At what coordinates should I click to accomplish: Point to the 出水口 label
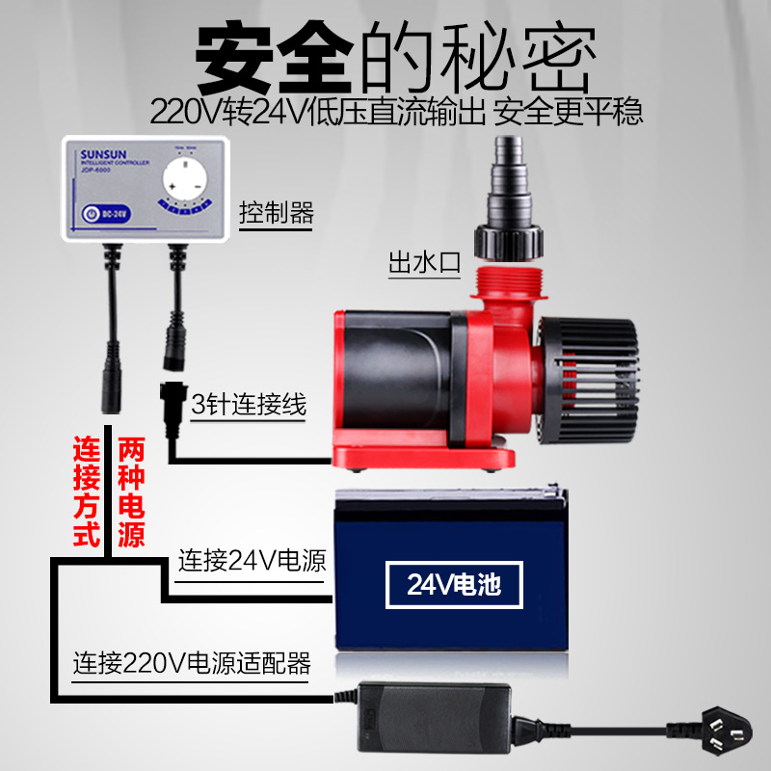pos(426,262)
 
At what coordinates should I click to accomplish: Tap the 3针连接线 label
pos(249,405)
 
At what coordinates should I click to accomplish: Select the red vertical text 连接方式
pos(89,492)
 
